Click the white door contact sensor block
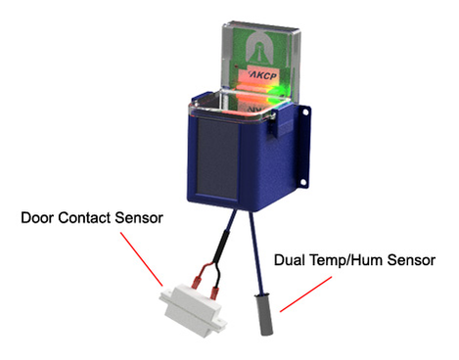192,297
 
